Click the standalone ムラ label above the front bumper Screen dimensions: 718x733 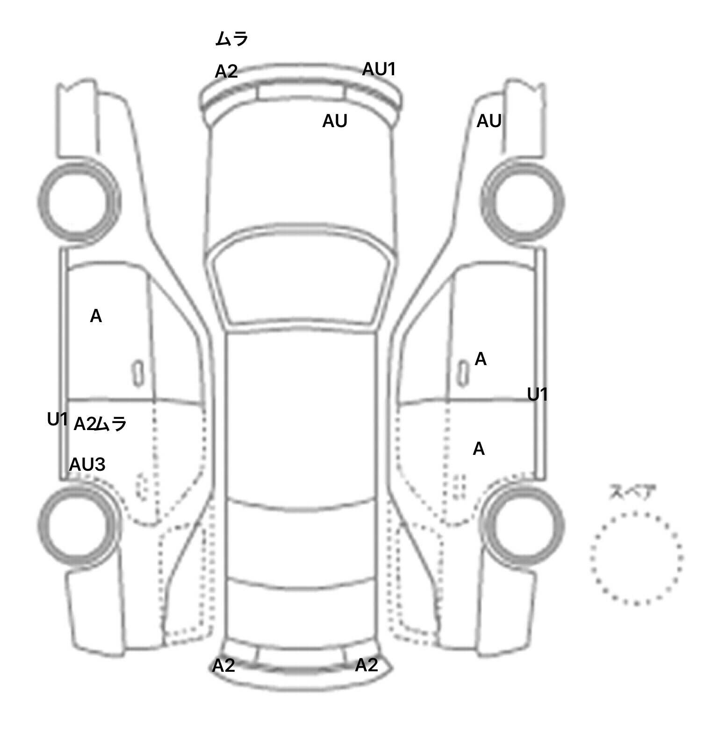point(231,39)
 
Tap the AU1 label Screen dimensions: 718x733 point(379,69)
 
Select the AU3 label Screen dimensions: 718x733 point(87,465)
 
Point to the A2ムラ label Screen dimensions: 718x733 point(101,424)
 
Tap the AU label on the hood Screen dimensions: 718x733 point(335,121)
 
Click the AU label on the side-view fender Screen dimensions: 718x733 point(489,121)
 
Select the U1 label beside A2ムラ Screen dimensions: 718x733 point(58,419)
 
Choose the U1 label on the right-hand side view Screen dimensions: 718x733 point(538,395)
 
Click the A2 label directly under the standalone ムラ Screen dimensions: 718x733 point(226,72)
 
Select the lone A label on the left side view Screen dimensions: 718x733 point(96,316)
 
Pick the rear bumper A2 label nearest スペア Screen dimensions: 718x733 point(366,665)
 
